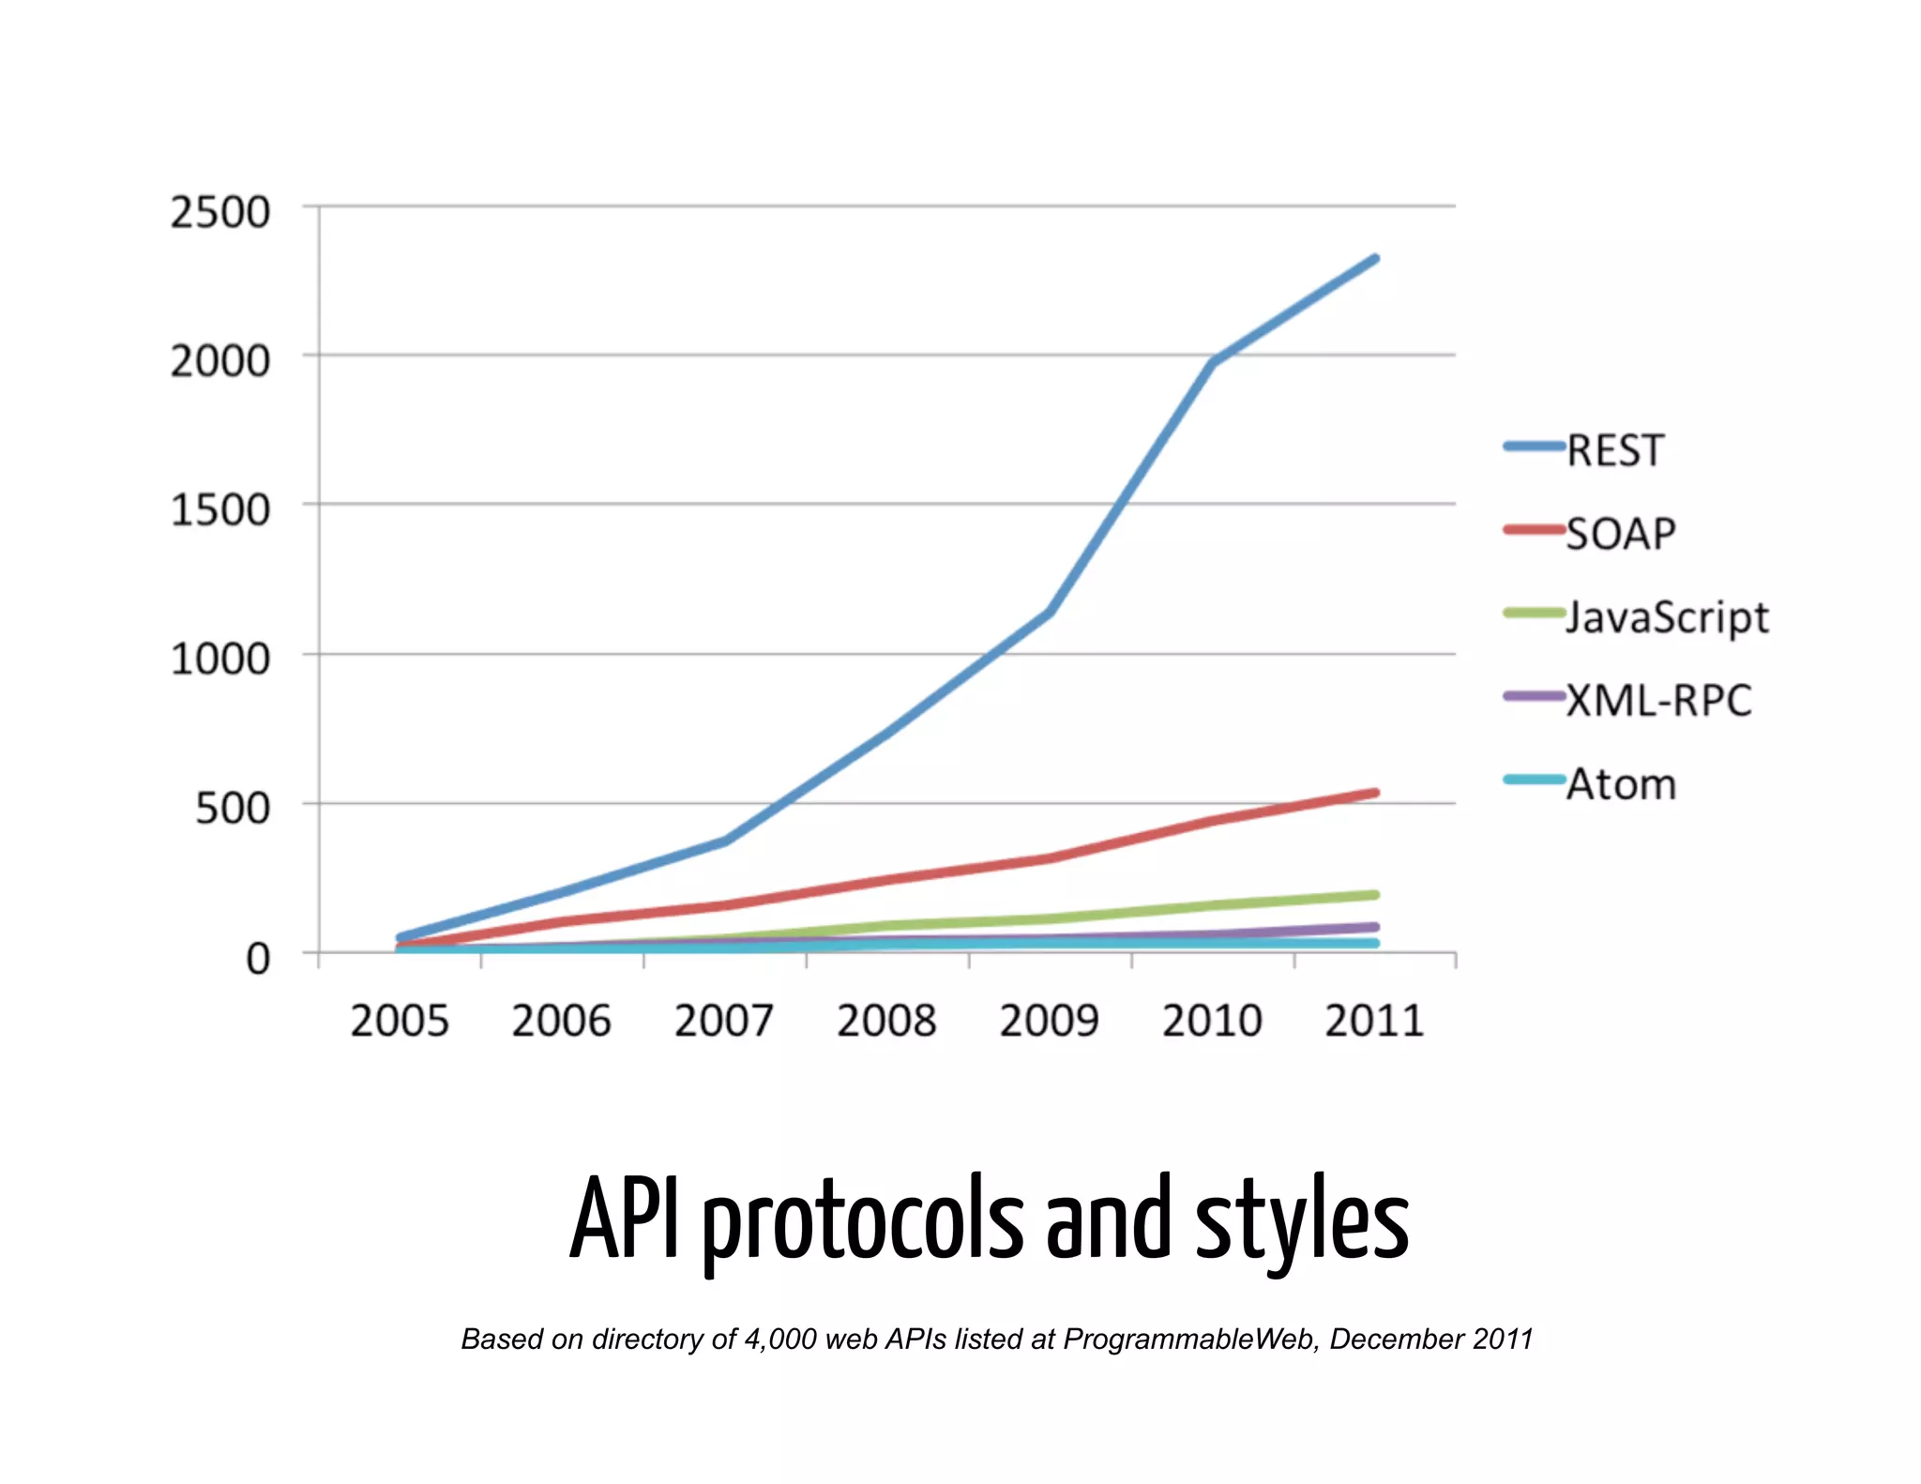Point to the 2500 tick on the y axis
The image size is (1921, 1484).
[x=219, y=212]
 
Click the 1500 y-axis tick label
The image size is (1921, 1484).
[x=219, y=510]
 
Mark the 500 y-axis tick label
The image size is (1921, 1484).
[x=232, y=809]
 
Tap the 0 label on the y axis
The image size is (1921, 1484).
[x=257, y=959]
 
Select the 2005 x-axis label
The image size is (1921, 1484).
[x=400, y=1021]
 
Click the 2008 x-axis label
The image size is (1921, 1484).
[x=886, y=1021]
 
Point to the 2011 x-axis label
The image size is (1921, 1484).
[x=1374, y=1021]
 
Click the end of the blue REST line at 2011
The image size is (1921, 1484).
[x=1375, y=258]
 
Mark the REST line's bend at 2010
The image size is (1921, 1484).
[x=1213, y=362]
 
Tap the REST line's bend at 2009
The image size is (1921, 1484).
[x=1050, y=613]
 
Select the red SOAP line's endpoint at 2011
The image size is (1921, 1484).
[x=1375, y=793]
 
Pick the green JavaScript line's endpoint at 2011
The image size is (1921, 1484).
[x=1375, y=895]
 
